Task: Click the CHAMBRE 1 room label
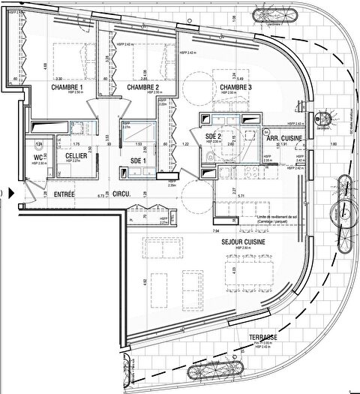coord(67,88)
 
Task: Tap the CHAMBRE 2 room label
coord(142,88)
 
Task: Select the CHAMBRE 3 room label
coord(235,88)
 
